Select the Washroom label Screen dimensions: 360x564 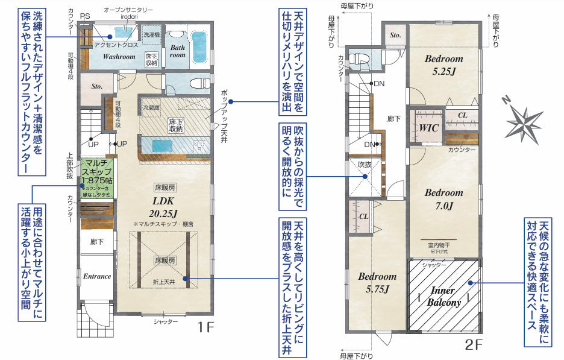119,57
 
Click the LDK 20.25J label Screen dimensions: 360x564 164,207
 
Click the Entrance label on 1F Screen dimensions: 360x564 97,276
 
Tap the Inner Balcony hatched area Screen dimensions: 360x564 445,295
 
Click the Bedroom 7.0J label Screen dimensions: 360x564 443,198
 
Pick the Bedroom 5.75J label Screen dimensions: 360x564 377,282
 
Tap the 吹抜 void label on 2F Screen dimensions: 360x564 365,164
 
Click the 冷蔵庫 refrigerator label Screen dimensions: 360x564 151,107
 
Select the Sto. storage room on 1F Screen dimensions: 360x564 97,87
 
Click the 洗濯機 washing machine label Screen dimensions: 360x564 151,36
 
